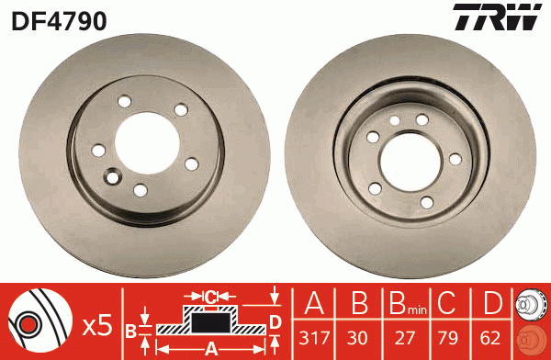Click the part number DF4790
(59, 19)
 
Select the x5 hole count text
(96, 324)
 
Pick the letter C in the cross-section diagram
(210, 297)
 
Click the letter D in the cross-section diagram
(275, 321)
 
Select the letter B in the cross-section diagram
(130, 330)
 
